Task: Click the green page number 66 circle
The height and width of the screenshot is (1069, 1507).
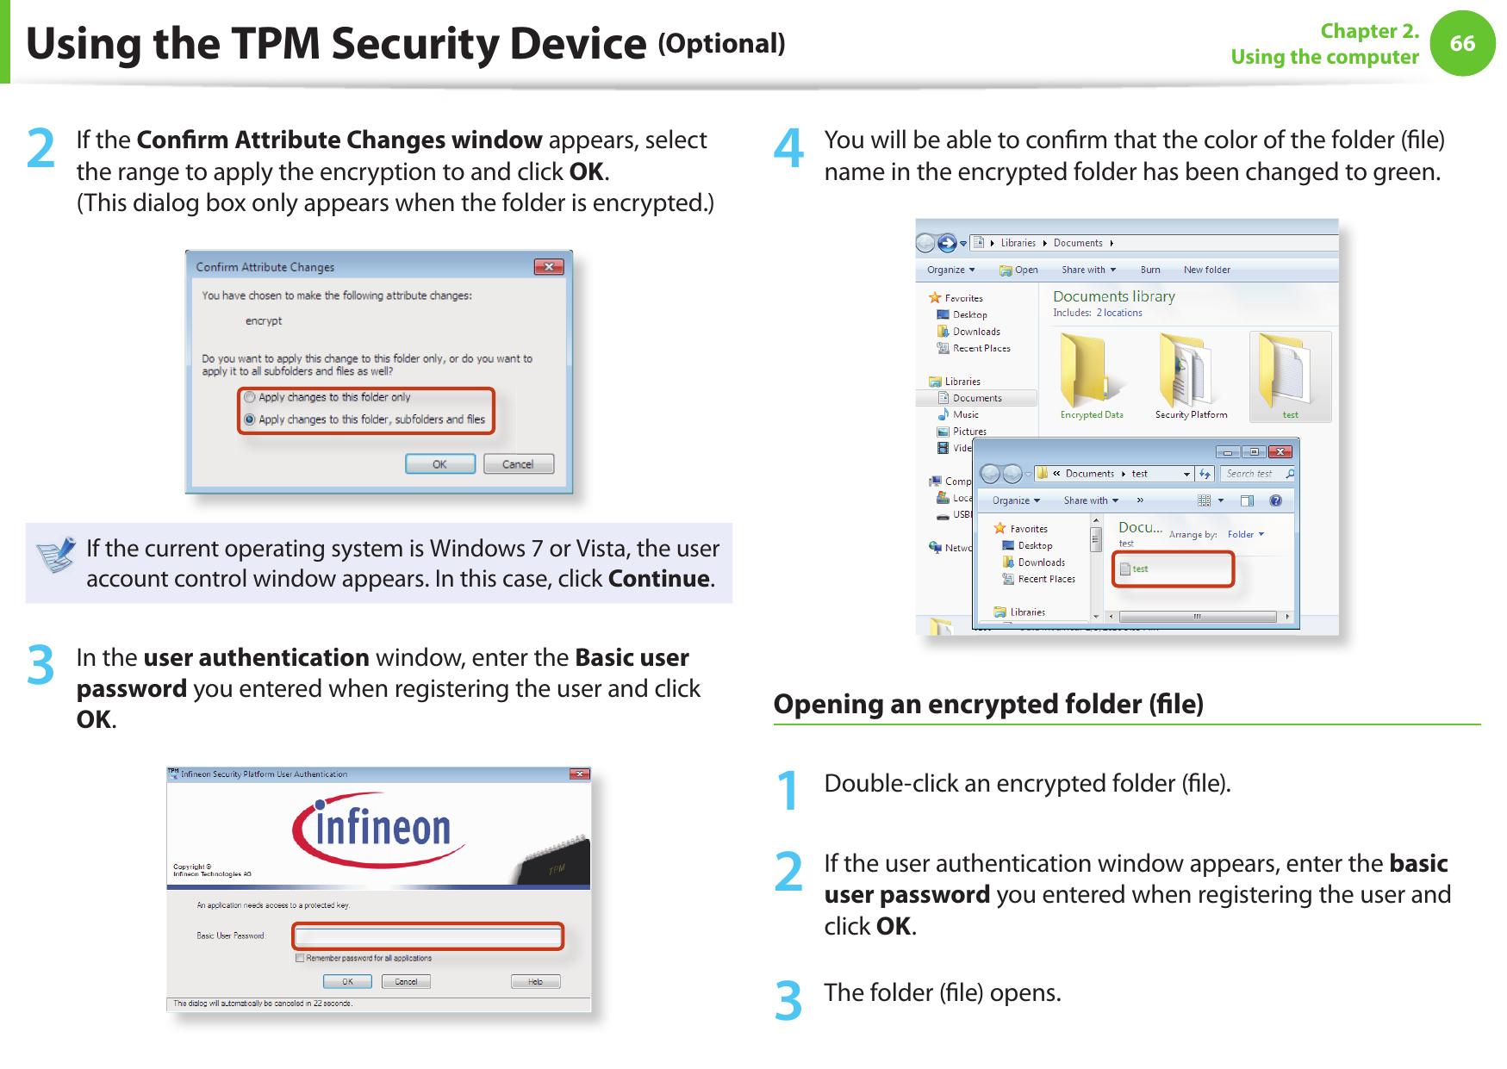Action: pyautogui.click(x=1462, y=43)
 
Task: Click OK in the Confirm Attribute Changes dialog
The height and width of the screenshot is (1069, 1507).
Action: pyautogui.click(x=439, y=464)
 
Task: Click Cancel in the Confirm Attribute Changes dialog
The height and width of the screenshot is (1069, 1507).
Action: pyautogui.click(x=518, y=464)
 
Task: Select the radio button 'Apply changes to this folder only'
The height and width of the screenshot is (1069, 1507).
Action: pyautogui.click(x=250, y=397)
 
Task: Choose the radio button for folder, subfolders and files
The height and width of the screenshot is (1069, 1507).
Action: pyautogui.click(x=250, y=420)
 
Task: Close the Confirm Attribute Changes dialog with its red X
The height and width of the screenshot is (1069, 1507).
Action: pyautogui.click(x=549, y=267)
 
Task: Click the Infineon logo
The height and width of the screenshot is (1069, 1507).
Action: pyautogui.click(x=379, y=829)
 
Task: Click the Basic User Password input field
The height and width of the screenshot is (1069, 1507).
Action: pyautogui.click(x=428, y=935)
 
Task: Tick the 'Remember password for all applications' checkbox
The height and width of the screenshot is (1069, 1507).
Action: pyautogui.click(x=300, y=958)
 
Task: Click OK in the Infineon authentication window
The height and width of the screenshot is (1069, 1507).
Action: pyautogui.click(x=347, y=982)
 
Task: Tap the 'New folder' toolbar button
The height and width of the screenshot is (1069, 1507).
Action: pyautogui.click(x=1206, y=270)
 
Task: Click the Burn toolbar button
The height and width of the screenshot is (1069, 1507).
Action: pyautogui.click(x=1150, y=270)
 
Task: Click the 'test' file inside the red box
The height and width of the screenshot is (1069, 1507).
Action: pyautogui.click(x=1139, y=569)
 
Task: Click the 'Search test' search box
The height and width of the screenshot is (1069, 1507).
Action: pyautogui.click(x=1254, y=474)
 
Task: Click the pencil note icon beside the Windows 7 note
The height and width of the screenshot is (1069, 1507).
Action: pyautogui.click(x=57, y=555)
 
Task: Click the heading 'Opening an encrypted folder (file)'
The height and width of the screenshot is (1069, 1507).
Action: pyautogui.click(x=988, y=704)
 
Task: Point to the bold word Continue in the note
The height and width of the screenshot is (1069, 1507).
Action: pyautogui.click(x=659, y=579)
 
